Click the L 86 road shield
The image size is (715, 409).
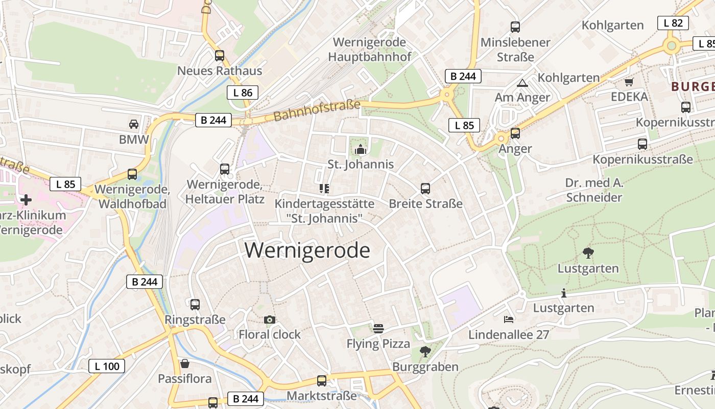(x=243, y=93)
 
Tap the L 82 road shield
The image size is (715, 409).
(x=673, y=23)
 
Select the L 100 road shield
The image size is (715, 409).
(x=107, y=366)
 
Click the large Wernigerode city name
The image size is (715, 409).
(x=307, y=251)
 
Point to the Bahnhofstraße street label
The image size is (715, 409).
(x=317, y=110)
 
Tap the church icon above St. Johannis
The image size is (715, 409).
(x=361, y=149)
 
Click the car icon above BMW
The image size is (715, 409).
(x=133, y=124)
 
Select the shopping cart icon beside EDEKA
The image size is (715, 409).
(x=629, y=82)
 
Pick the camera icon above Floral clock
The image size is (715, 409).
(x=270, y=320)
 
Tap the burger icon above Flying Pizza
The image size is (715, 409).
(x=378, y=329)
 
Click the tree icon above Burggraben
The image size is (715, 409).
(x=425, y=352)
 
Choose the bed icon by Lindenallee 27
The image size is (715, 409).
(x=509, y=320)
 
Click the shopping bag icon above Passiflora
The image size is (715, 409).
(x=185, y=363)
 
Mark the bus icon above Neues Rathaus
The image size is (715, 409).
(x=220, y=56)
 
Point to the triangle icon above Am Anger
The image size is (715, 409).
(x=522, y=83)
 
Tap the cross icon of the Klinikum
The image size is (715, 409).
(x=26, y=199)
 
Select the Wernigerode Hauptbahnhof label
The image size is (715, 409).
(x=369, y=49)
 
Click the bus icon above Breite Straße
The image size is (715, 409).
(x=425, y=189)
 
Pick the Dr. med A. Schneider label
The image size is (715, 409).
(x=594, y=190)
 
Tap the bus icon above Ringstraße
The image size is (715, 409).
(x=195, y=305)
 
